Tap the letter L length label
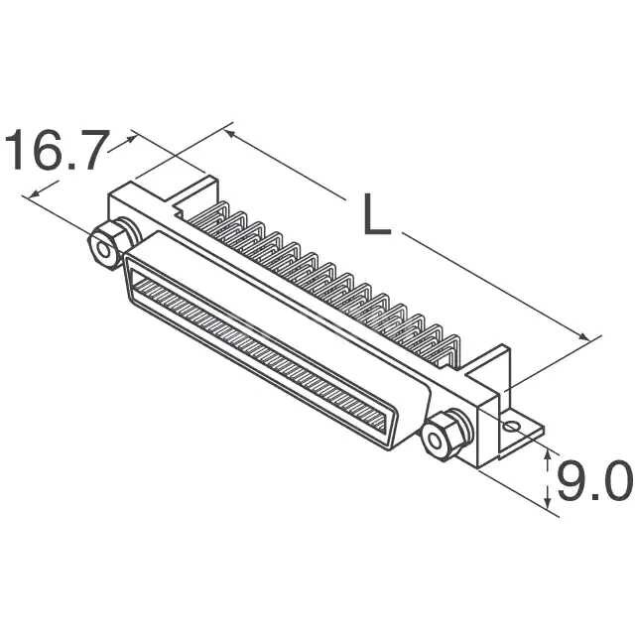click(x=374, y=215)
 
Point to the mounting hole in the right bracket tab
click(x=511, y=427)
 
